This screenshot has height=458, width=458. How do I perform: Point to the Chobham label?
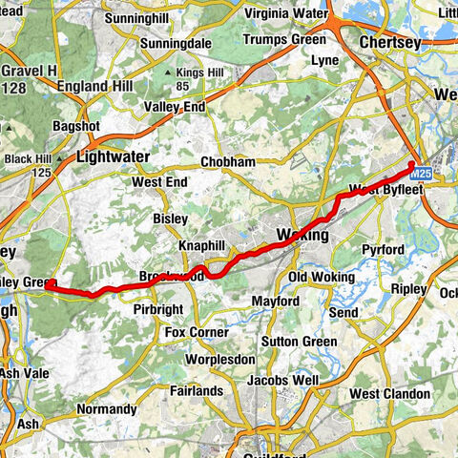228,162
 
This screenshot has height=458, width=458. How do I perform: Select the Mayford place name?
248,302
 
